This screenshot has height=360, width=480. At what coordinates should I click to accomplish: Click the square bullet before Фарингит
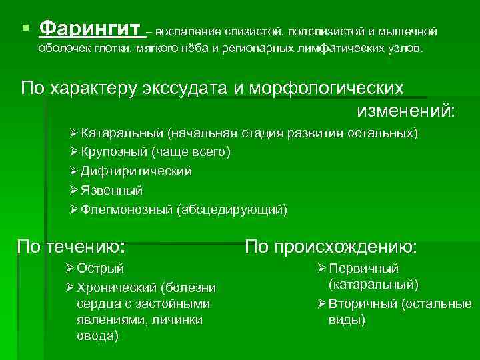[25, 29]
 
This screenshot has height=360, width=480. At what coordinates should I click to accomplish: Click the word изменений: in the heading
[406, 111]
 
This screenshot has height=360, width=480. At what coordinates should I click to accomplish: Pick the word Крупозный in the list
[108, 152]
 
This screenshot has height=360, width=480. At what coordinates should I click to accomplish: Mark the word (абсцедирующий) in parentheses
[231, 210]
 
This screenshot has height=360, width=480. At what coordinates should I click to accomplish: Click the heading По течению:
[71, 247]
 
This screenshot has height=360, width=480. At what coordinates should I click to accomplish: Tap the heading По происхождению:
[331, 247]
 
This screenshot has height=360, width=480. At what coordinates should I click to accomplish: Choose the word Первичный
[363, 269]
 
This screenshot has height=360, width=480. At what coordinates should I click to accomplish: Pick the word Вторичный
[363, 304]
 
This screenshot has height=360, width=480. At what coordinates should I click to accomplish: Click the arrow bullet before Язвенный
[74, 191]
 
